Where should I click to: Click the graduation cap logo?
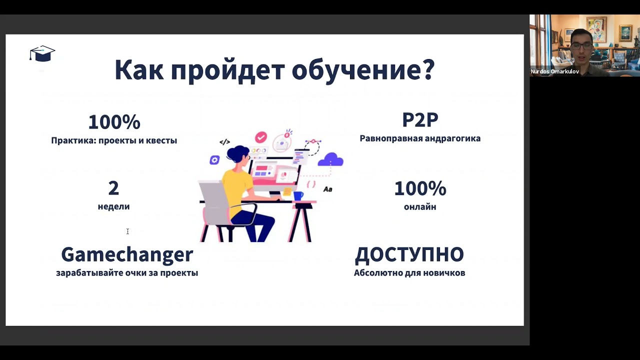click(42, 53)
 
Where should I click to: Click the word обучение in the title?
click(363, 69)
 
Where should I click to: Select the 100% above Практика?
click(114, 122)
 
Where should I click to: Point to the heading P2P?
click(420, 120)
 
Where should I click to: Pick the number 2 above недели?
click(113, 188)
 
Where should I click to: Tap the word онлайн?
click(420, 206)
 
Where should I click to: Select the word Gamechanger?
click(127, 254)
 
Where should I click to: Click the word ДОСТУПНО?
click(409, 254)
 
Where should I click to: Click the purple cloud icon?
click(331, 159)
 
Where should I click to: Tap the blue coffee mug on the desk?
click(298, 195)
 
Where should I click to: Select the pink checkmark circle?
click(260, 137)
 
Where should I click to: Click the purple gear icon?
click(214, 160)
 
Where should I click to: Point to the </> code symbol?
click(224, 142)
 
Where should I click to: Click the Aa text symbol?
click(327, 189)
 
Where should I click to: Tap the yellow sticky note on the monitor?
click(287, 191)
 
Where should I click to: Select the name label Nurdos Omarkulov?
click(554, 71)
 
